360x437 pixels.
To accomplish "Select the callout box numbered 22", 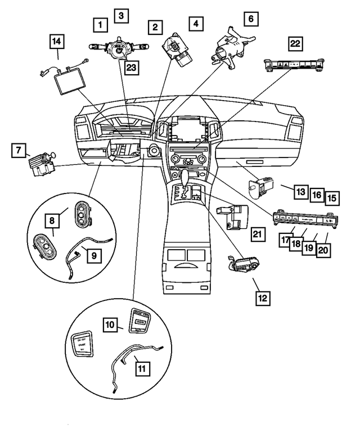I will coord(296,43).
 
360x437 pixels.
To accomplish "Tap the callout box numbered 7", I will coord(19,150).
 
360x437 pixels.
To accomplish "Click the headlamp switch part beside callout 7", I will coord(42,164).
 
